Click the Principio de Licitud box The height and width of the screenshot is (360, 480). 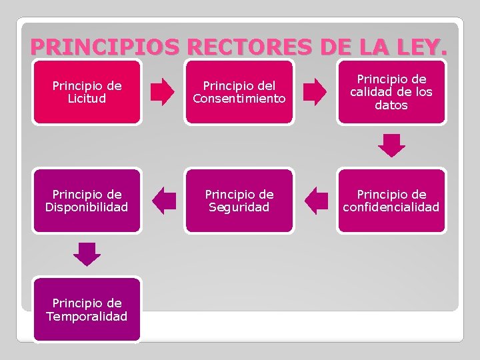pos(87,92)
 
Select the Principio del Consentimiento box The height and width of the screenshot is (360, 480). pos(239,92)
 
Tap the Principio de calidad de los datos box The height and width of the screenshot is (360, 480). pos(391,92)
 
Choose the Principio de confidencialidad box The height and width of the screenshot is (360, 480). pos(391,200)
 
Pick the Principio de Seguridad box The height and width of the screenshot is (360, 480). pos(239,200)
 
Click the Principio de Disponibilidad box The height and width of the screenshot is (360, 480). pos(87,200)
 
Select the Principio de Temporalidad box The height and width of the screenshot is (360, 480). pos(87,309)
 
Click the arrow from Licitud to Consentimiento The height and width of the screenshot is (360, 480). pos(163,92)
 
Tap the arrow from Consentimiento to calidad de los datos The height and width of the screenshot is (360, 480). pos(315,92)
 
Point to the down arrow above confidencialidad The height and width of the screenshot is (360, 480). pos(391,145)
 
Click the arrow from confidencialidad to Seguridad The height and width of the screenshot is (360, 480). pos(316,200)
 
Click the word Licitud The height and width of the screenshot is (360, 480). pos(87,99)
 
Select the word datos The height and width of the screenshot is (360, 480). pos(391,105)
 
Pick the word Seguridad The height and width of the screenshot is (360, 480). pos(239,207)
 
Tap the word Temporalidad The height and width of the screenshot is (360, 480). pos(87,316)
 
